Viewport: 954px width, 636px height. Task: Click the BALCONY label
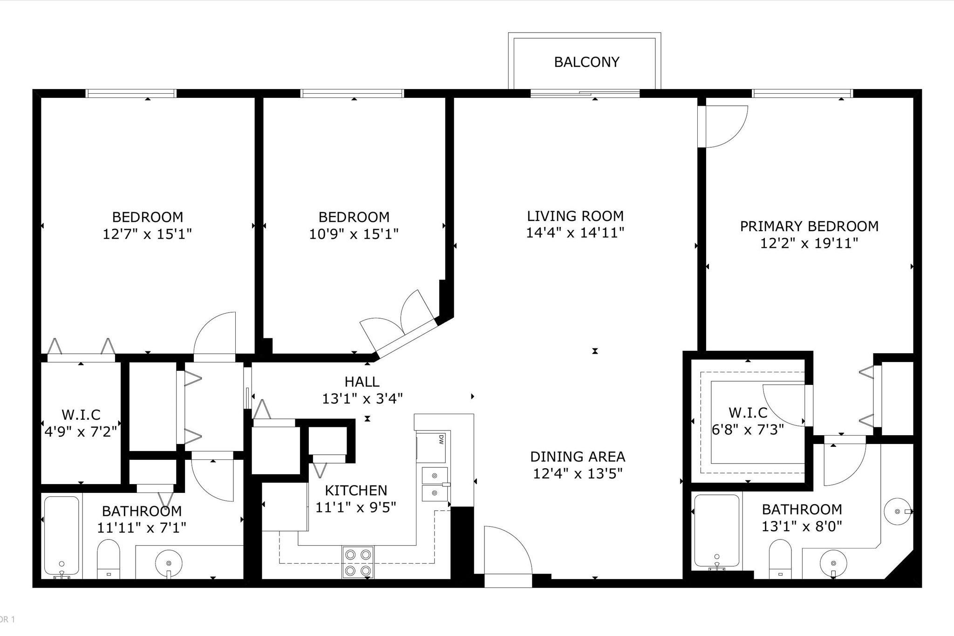pyautogui.click(x=586, y=62)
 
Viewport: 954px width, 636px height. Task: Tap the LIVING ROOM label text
pyautogui.click(x=575, y=216)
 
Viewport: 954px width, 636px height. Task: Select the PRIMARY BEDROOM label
pyautogui.click(x=809, y=226)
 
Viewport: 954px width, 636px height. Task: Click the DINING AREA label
pyautogui.click(x=578, y=457)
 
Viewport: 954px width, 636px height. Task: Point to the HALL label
pyautogui.click(x=362, y=382)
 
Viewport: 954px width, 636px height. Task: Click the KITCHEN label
pyautogui.click(x=356, y=491)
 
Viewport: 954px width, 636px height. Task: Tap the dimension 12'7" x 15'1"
pyautogui.click(x=147, y=234)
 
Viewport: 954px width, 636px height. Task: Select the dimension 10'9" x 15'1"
pyautogui.click(x=354, y=234)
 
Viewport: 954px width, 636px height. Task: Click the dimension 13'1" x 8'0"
pyautogui.click(x=802, y=527)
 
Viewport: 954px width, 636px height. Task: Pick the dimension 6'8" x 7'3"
pyautogui.click(x=748, y=429)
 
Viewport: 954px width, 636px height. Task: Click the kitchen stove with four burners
pyautogui.click(x=358, y=562)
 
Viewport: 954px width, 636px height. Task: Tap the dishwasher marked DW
pyautogui.click(x=431, y=448)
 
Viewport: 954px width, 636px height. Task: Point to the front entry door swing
pyautogui.click(x=508, y=550)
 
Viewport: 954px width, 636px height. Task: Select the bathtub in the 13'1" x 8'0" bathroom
pyautogui.click(x=716, y=532)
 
